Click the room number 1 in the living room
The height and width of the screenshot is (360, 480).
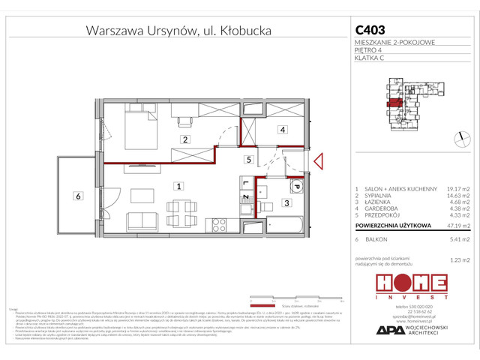[178, 185]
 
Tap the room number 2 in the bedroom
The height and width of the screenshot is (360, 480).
[184, 139]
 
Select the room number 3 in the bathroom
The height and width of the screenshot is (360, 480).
[286, 202]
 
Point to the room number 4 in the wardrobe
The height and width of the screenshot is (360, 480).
[282, 130]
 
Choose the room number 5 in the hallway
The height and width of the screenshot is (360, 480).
[247, 160]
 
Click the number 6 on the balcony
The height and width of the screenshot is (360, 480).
[77, 196]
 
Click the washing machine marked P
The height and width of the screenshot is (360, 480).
[295, 187]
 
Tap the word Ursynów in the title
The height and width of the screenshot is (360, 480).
[174, 31]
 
